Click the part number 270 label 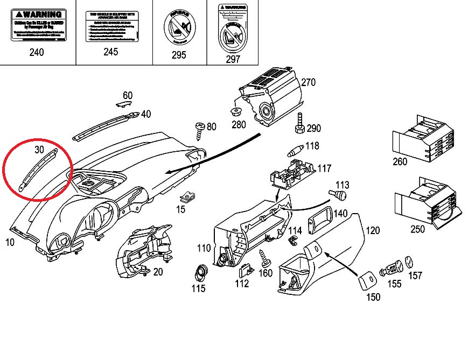pyautogui.click(x=308, y=82)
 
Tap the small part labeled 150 pyautogui.click(x=368, y=278)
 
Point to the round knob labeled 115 pyautogui.click(x=201, y=272)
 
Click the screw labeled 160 pyautogui.click(x=265, y=258)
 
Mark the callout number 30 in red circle pyautogui.click(x=38, y=149)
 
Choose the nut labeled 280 pyautogui.click(x=235, y=112)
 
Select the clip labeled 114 pyautogui.click(x=294, y=239)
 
